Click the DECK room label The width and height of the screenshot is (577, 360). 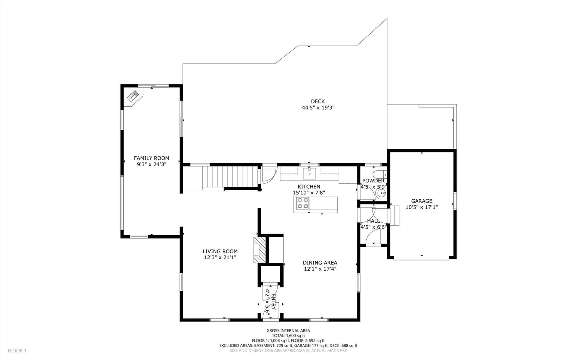[x=318, y=101]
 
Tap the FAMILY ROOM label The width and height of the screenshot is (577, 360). [x=151, y=158]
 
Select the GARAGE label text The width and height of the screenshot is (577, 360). [x=422, y=201]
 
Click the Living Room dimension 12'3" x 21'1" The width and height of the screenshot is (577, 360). [x=220, y=257]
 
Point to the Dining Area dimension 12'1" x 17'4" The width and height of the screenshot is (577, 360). [x=320, y=269]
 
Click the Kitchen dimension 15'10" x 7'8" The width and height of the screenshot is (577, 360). [x=309, y=192]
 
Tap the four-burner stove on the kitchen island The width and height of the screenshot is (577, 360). [x=303, y=203]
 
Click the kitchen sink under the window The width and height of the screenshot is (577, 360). [x=309, y=173]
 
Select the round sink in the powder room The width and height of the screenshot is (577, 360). [x=381, y=193]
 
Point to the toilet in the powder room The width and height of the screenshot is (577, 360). [x=380, y=174]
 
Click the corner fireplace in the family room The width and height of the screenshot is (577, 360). [x=133, y=97]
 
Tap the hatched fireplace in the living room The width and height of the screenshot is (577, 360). [x=260, y=250]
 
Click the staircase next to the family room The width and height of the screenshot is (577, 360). [x=230, y=177]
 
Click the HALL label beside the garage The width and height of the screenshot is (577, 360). [x=373, y=221]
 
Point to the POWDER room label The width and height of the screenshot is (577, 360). [x=373, y=181]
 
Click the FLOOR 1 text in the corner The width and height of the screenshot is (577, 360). [x=17, y=351]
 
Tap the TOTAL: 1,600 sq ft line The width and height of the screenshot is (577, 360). [x=288, y=335]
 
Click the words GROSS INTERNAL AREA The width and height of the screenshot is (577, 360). [x=288, y=331]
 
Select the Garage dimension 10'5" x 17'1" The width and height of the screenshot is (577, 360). [x=422, y=207]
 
